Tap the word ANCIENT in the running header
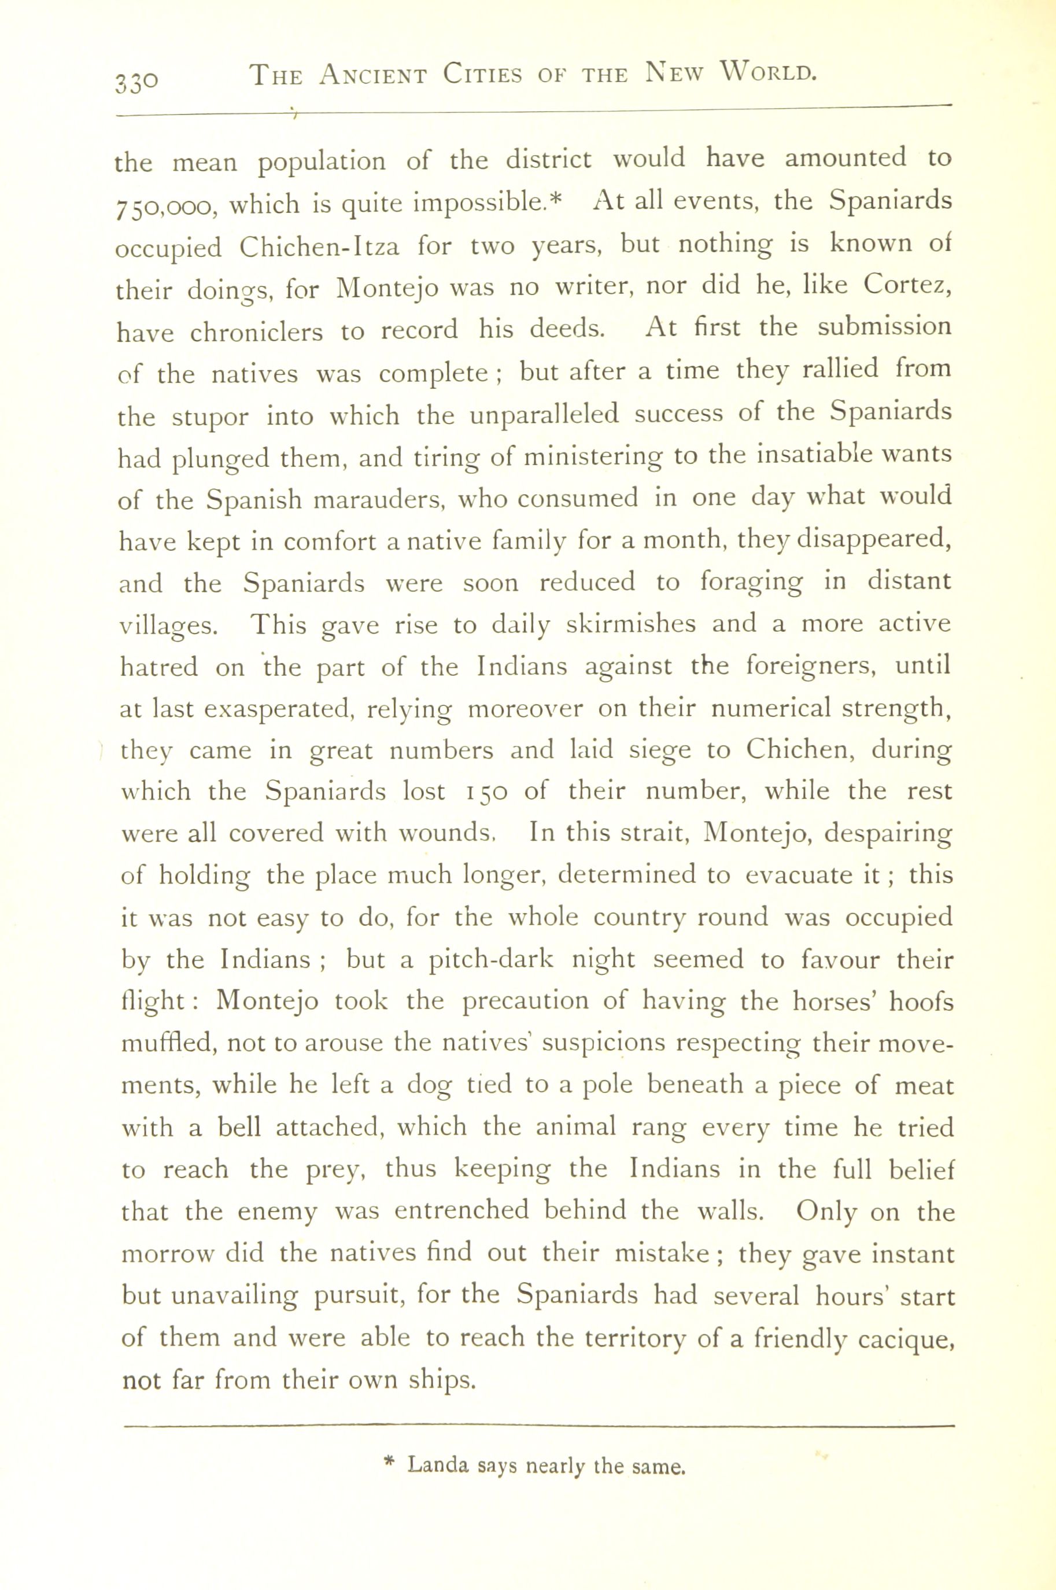pos(373,74)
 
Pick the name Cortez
pos(907,286)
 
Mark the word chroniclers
pos(257,332)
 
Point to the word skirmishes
pos(630,624)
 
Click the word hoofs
pos(921,1002)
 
